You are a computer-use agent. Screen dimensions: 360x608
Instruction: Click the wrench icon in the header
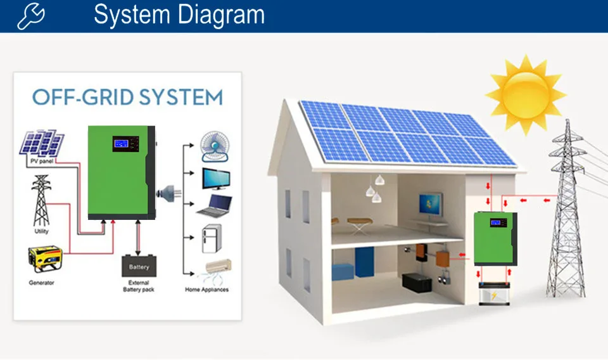pos(30,16)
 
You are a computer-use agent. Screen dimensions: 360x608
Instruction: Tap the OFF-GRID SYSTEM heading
pos(127,98)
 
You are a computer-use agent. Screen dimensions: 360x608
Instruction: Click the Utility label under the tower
pos(41,231)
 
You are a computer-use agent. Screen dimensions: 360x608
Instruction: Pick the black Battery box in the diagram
pos(139,266)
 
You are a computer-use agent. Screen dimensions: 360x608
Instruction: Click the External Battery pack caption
pos(139,286)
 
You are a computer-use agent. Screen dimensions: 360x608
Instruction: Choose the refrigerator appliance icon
pos(212,239)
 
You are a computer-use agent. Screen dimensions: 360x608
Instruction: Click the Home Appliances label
pos(206,290)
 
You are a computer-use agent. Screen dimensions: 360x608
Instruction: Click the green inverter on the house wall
pos(495,238)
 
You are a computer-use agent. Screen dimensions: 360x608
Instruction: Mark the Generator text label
pos(42,282)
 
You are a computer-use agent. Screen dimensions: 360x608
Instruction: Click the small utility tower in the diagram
pos(41,201)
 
